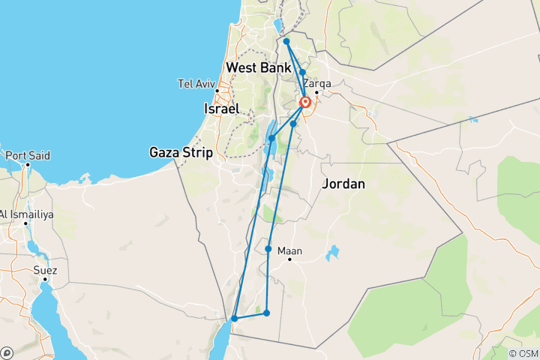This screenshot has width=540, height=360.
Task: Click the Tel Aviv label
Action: coord(196,83)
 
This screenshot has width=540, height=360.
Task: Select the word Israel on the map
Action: coord(221,109)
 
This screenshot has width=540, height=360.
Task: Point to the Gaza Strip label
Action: coord(181,152)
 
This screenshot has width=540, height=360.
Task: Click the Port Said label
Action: coord(28,156)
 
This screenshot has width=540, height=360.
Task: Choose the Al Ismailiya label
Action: coord(27,214)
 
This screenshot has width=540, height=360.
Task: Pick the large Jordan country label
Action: coord(343,184)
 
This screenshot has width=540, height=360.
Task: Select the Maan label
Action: coord(289,251)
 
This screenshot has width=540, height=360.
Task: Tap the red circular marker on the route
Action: coord(305,103)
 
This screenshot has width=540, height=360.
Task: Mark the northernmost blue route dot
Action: coord(286,41)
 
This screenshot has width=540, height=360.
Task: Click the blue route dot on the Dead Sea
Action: coord(271,138)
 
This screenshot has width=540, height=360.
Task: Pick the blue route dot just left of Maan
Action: coord(268,248)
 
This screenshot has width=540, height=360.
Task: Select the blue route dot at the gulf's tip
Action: coord(235,318)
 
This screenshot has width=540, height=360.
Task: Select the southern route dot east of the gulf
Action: coord(266,312)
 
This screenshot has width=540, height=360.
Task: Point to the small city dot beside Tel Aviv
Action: coord(217,91)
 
